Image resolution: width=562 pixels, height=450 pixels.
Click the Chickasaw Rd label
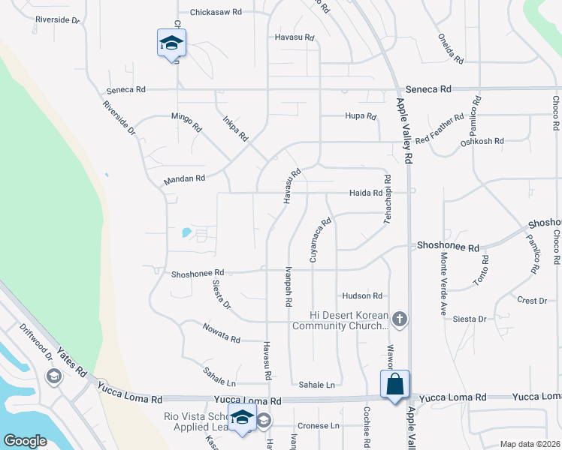(216, 12)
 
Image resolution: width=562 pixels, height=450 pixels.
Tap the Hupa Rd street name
(360, 115)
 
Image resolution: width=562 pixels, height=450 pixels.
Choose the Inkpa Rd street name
(235, 127)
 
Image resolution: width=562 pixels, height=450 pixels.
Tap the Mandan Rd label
(184, 179)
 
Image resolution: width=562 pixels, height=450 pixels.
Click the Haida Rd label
(366, 193)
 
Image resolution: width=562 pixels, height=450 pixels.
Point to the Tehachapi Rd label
(388, 199)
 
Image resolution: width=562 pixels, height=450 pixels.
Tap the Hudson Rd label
(362, 296)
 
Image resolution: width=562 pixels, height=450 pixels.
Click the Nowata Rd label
(221, 334)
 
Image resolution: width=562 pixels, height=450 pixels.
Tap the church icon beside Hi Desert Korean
(399, 319)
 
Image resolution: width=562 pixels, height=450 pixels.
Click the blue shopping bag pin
(394, 385)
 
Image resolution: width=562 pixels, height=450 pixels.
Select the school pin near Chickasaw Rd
(171, 43)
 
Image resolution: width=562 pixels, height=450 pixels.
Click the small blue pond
(186, 232)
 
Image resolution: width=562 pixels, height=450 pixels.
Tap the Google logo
(25, 441)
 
